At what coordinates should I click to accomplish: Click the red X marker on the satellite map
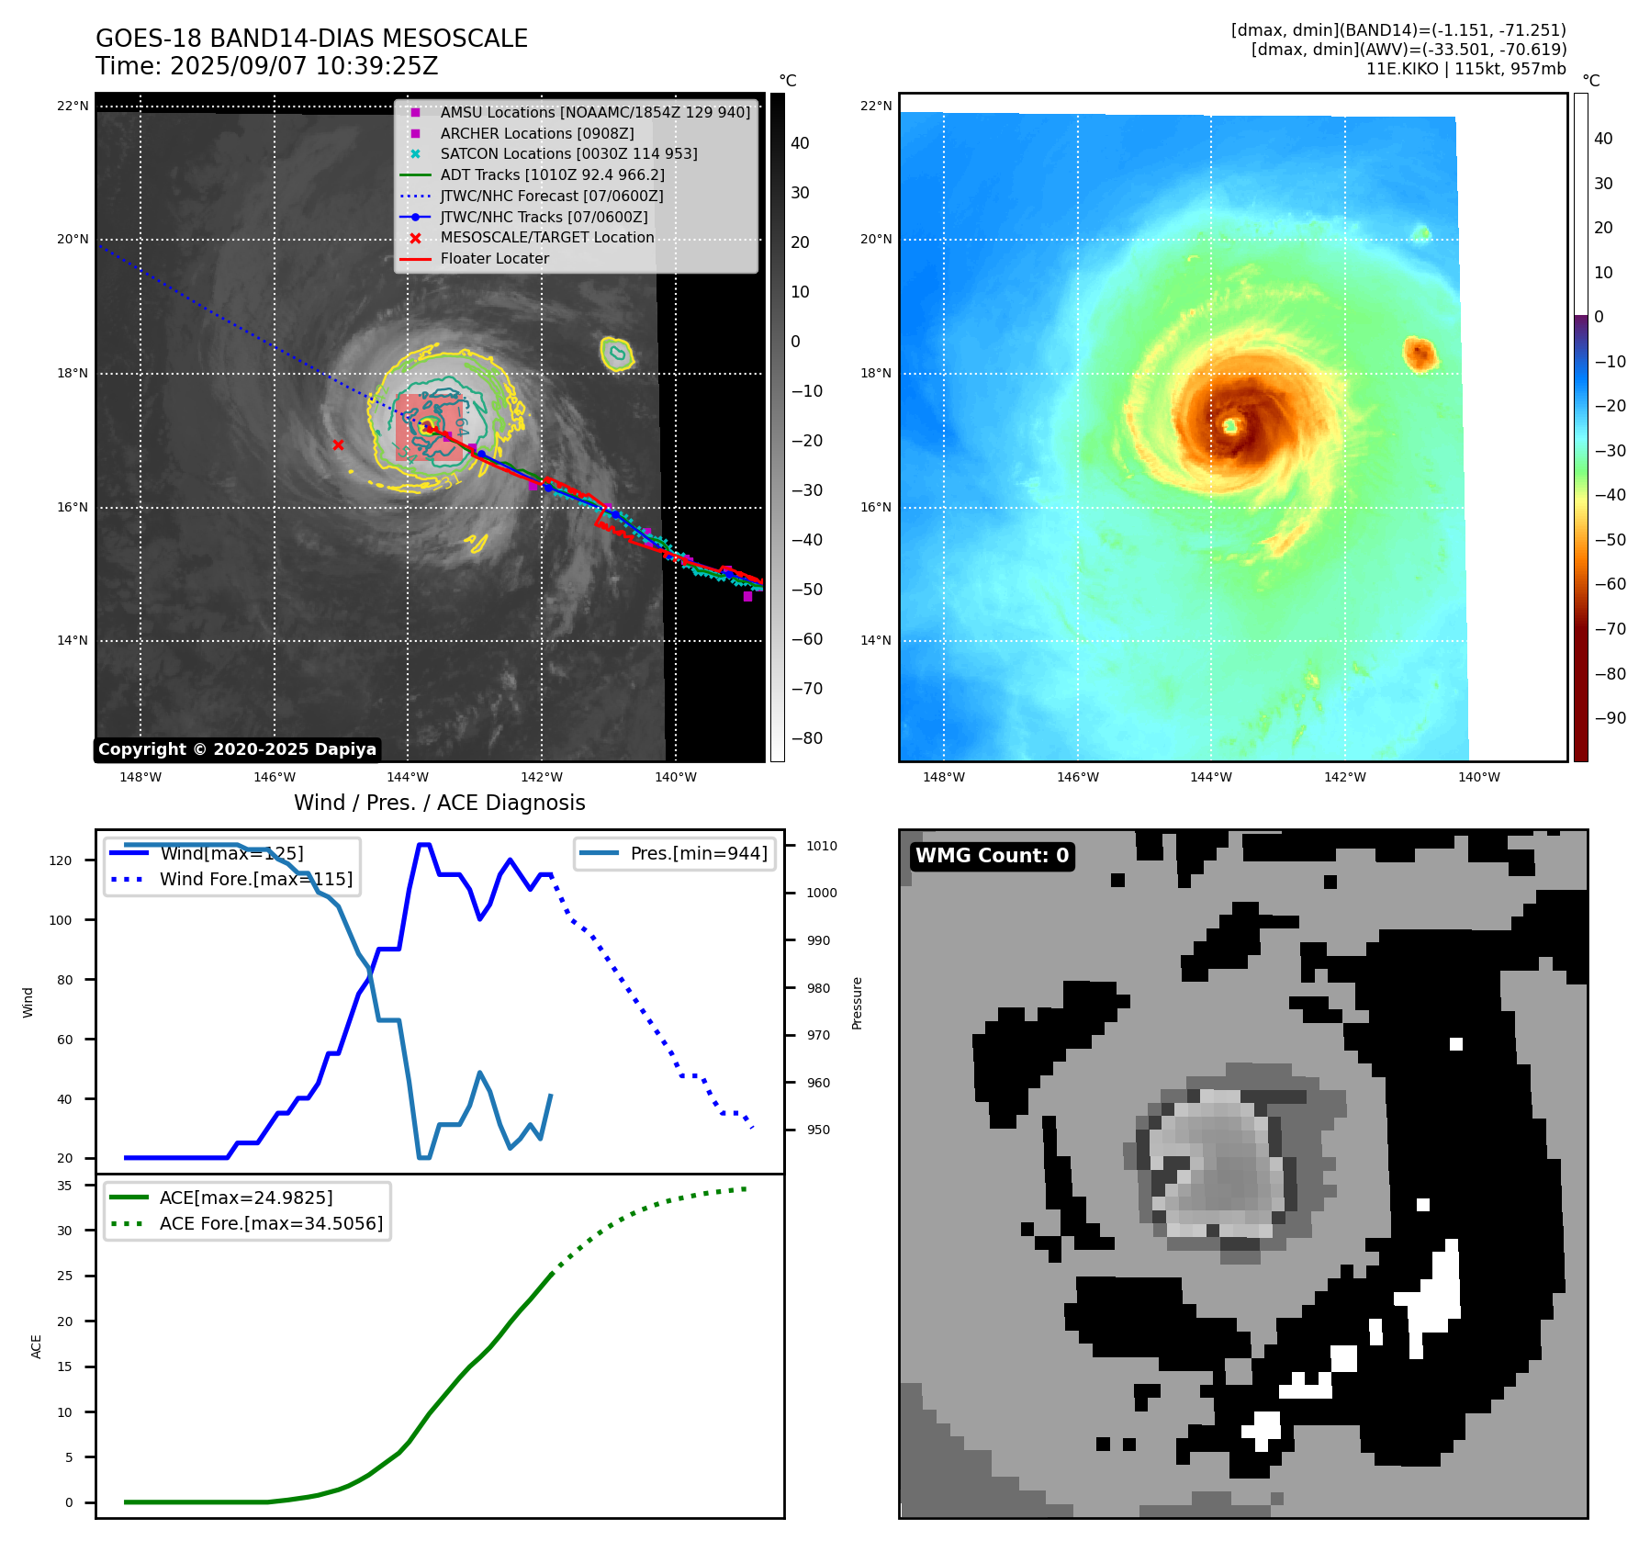[338, 445]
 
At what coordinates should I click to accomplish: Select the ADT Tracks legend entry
[552, 174]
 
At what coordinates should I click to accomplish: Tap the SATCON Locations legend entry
[568, 153]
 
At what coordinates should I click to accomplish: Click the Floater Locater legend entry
[494, 258]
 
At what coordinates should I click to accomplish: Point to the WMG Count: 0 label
[992, 856]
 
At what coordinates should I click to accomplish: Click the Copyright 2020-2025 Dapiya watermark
[237, 749]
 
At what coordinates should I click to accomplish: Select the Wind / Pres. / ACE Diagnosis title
[439, 803]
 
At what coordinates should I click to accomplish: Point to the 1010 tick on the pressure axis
[822, 846]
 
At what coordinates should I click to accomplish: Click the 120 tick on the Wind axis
[61, 860]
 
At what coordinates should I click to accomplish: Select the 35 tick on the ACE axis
[64, 1186]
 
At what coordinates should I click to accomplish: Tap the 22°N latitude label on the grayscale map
[73, 107]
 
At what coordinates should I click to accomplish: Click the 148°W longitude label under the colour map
[943, 777]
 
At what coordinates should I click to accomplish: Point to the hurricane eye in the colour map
[1230, 425]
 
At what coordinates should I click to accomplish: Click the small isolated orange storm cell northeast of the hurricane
[1420, 354]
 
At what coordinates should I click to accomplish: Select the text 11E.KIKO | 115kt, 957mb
[1465, 69]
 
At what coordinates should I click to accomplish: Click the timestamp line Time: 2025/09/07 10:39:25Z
[266, 67]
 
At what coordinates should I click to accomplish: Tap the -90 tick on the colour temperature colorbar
[1610, 718]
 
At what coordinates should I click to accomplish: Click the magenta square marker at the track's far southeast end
[747, 597]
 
